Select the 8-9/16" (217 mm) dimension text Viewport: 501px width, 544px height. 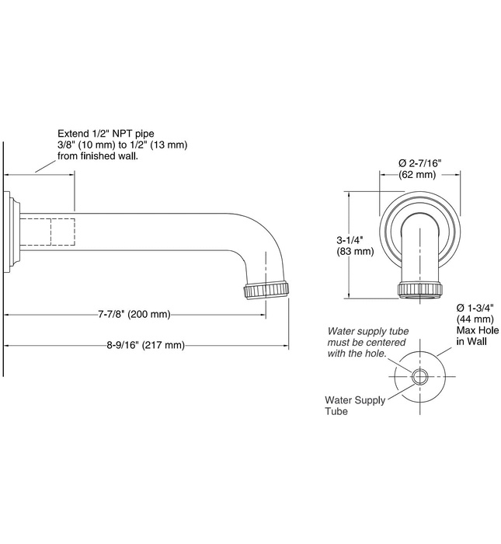(x=147, y=345)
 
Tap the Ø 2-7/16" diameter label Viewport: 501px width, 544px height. (x=419, y=162)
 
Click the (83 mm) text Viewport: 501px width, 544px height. (x=355, y=252)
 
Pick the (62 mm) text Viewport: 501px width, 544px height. (x=417, y=175)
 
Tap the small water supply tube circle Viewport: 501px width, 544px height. (x=420, y=375)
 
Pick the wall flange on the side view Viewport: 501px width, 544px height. (x=14, y=232)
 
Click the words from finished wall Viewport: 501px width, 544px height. (x=99, y=156)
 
